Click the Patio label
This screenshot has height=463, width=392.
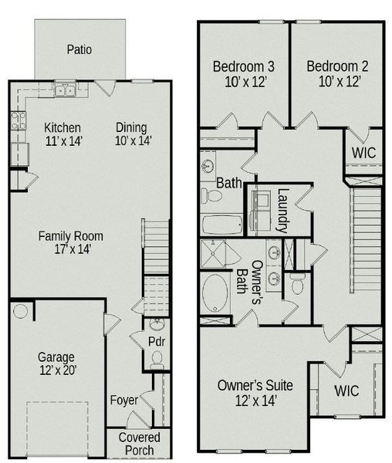79,49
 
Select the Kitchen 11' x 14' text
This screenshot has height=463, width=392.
63,134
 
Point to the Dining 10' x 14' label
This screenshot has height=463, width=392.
133,134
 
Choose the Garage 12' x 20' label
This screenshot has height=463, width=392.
57,364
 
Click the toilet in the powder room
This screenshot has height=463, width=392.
157,358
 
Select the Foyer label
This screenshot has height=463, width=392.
124,400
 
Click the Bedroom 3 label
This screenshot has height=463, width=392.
239,73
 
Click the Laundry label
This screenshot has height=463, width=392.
282,211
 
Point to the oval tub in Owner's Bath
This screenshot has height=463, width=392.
215,292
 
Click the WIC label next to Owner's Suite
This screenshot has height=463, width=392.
346,391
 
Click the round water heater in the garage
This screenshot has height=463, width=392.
20,312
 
